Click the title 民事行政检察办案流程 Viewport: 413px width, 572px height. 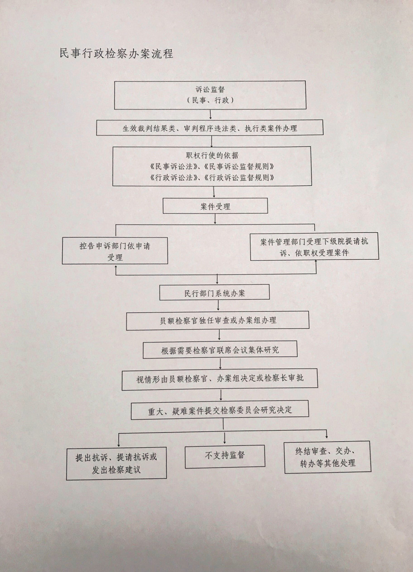coord(116,54)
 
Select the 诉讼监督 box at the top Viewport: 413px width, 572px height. coord(210,95)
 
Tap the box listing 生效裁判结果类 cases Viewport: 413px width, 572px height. coord(210,128)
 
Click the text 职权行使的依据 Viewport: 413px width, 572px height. coord(212,155)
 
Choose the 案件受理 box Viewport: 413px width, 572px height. coord(215,206)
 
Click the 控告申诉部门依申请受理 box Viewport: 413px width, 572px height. coord(115,251)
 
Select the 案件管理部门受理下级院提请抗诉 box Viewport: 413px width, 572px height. coord(314,247)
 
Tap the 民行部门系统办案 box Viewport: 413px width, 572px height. coord(214,292)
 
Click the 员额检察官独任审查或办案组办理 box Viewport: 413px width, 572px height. coord(218,320)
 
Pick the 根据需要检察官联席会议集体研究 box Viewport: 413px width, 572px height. coord(220,349)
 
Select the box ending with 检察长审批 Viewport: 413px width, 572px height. coord(220,379)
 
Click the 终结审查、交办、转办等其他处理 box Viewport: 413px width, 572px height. coord(328,457)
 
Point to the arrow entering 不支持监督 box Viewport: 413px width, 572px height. coord(225,438)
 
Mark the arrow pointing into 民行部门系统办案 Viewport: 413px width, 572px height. coord(217,279)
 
